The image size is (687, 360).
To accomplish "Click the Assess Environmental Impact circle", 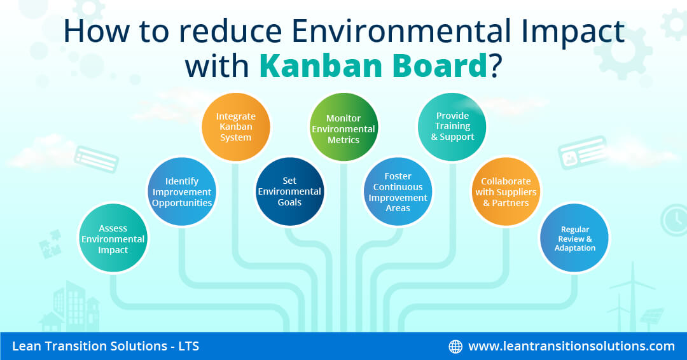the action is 113,239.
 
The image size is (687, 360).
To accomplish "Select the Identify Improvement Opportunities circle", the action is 182,192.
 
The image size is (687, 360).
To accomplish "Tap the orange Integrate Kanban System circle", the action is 236,127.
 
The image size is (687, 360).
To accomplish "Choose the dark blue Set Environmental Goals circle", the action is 289,192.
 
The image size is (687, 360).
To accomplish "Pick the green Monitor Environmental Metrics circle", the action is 343,127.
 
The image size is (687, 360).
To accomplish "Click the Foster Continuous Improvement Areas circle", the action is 398,192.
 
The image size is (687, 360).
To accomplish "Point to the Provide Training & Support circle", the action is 452,127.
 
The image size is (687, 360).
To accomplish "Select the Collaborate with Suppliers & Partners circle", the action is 506,192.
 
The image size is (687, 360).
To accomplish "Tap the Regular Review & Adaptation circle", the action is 574,239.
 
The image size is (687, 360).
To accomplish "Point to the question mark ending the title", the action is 495,66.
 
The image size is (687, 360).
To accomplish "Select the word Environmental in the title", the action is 401,31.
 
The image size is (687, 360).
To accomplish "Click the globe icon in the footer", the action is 455,347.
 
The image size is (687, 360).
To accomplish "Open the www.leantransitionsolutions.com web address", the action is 571,346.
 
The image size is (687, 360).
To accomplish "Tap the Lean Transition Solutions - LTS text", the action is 106,346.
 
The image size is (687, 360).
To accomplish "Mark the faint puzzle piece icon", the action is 50,244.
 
